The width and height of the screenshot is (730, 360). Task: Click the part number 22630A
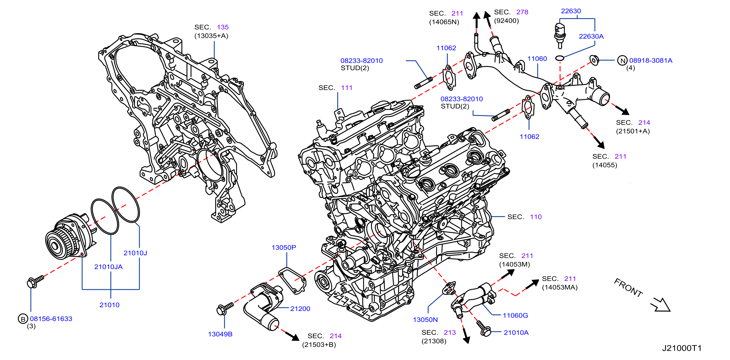(x=591, y=36)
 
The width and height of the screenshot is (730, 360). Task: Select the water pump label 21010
(x=109, y=305)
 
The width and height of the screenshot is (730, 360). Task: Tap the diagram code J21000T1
(x=682, y=348)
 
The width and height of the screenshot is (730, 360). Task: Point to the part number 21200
(x=300, y=309)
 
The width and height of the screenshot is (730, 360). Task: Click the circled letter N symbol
(x=623, y=60)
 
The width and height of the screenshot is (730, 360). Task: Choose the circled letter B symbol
(x=23, y=319)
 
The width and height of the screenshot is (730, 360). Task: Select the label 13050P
(x=284, y=247)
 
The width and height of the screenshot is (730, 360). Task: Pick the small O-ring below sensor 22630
(x=559, y=58)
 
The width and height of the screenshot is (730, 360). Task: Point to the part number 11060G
(x=515, y=315)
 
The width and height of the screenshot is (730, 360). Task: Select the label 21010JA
(x=108, y=267)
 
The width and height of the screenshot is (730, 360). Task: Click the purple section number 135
(x=223, y=27)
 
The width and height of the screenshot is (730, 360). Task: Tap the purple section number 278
(x=522, y=12)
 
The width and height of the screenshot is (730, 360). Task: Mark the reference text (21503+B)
(x=319, y=345)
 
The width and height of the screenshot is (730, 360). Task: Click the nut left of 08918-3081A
(x=594, y=60)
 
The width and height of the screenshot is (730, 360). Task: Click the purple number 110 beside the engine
(x=536, y=217)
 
